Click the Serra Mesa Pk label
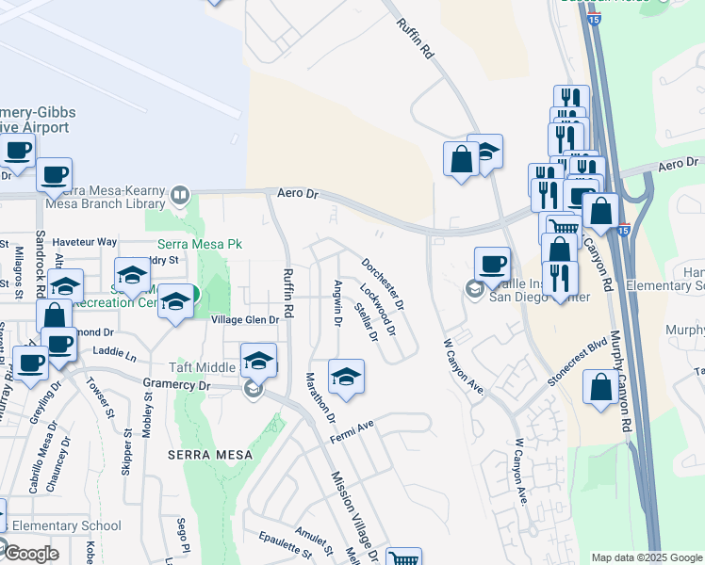tap(194, 244)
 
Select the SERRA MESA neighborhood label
tap(210, 455)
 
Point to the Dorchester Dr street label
tap(384, 284)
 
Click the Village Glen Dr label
tap(246, 320)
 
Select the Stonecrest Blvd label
tap(574, 363)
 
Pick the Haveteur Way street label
tap(85, 242)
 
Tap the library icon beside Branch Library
tap(179, 196)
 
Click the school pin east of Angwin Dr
tap(346, 377)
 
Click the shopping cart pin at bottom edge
tap(403, 557)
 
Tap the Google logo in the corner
tap(30, 554)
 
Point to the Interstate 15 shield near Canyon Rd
tap(623, 229)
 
